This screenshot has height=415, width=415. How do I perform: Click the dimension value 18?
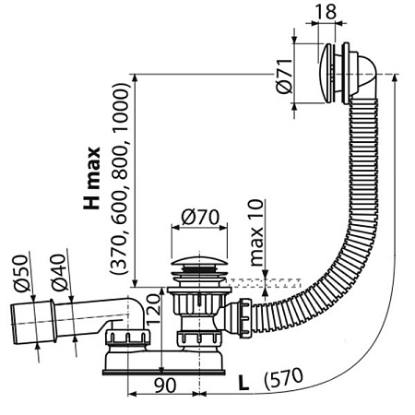pyautogui.click(x=326, y=11)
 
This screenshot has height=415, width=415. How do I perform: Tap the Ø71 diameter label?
pyautogui.click(x=284, y=76)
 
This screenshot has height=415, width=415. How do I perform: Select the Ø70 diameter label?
pyautogui.click(x=200, y=217)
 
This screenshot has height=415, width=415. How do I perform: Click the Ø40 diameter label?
pyautogui.click(x=59, y=273)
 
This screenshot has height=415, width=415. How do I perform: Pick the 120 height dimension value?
pyautogui.click(x=153, y=309)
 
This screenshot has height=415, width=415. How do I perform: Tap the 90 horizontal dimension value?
pyautogui.click(x=165, y=385)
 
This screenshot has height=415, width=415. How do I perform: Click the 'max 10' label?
pyautogui.click(x=256, y=232)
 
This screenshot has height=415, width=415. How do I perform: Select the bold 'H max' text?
pyautogui.click(x=91, y=179)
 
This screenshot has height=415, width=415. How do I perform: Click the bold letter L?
pyautogui.click(x=243, y=383)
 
